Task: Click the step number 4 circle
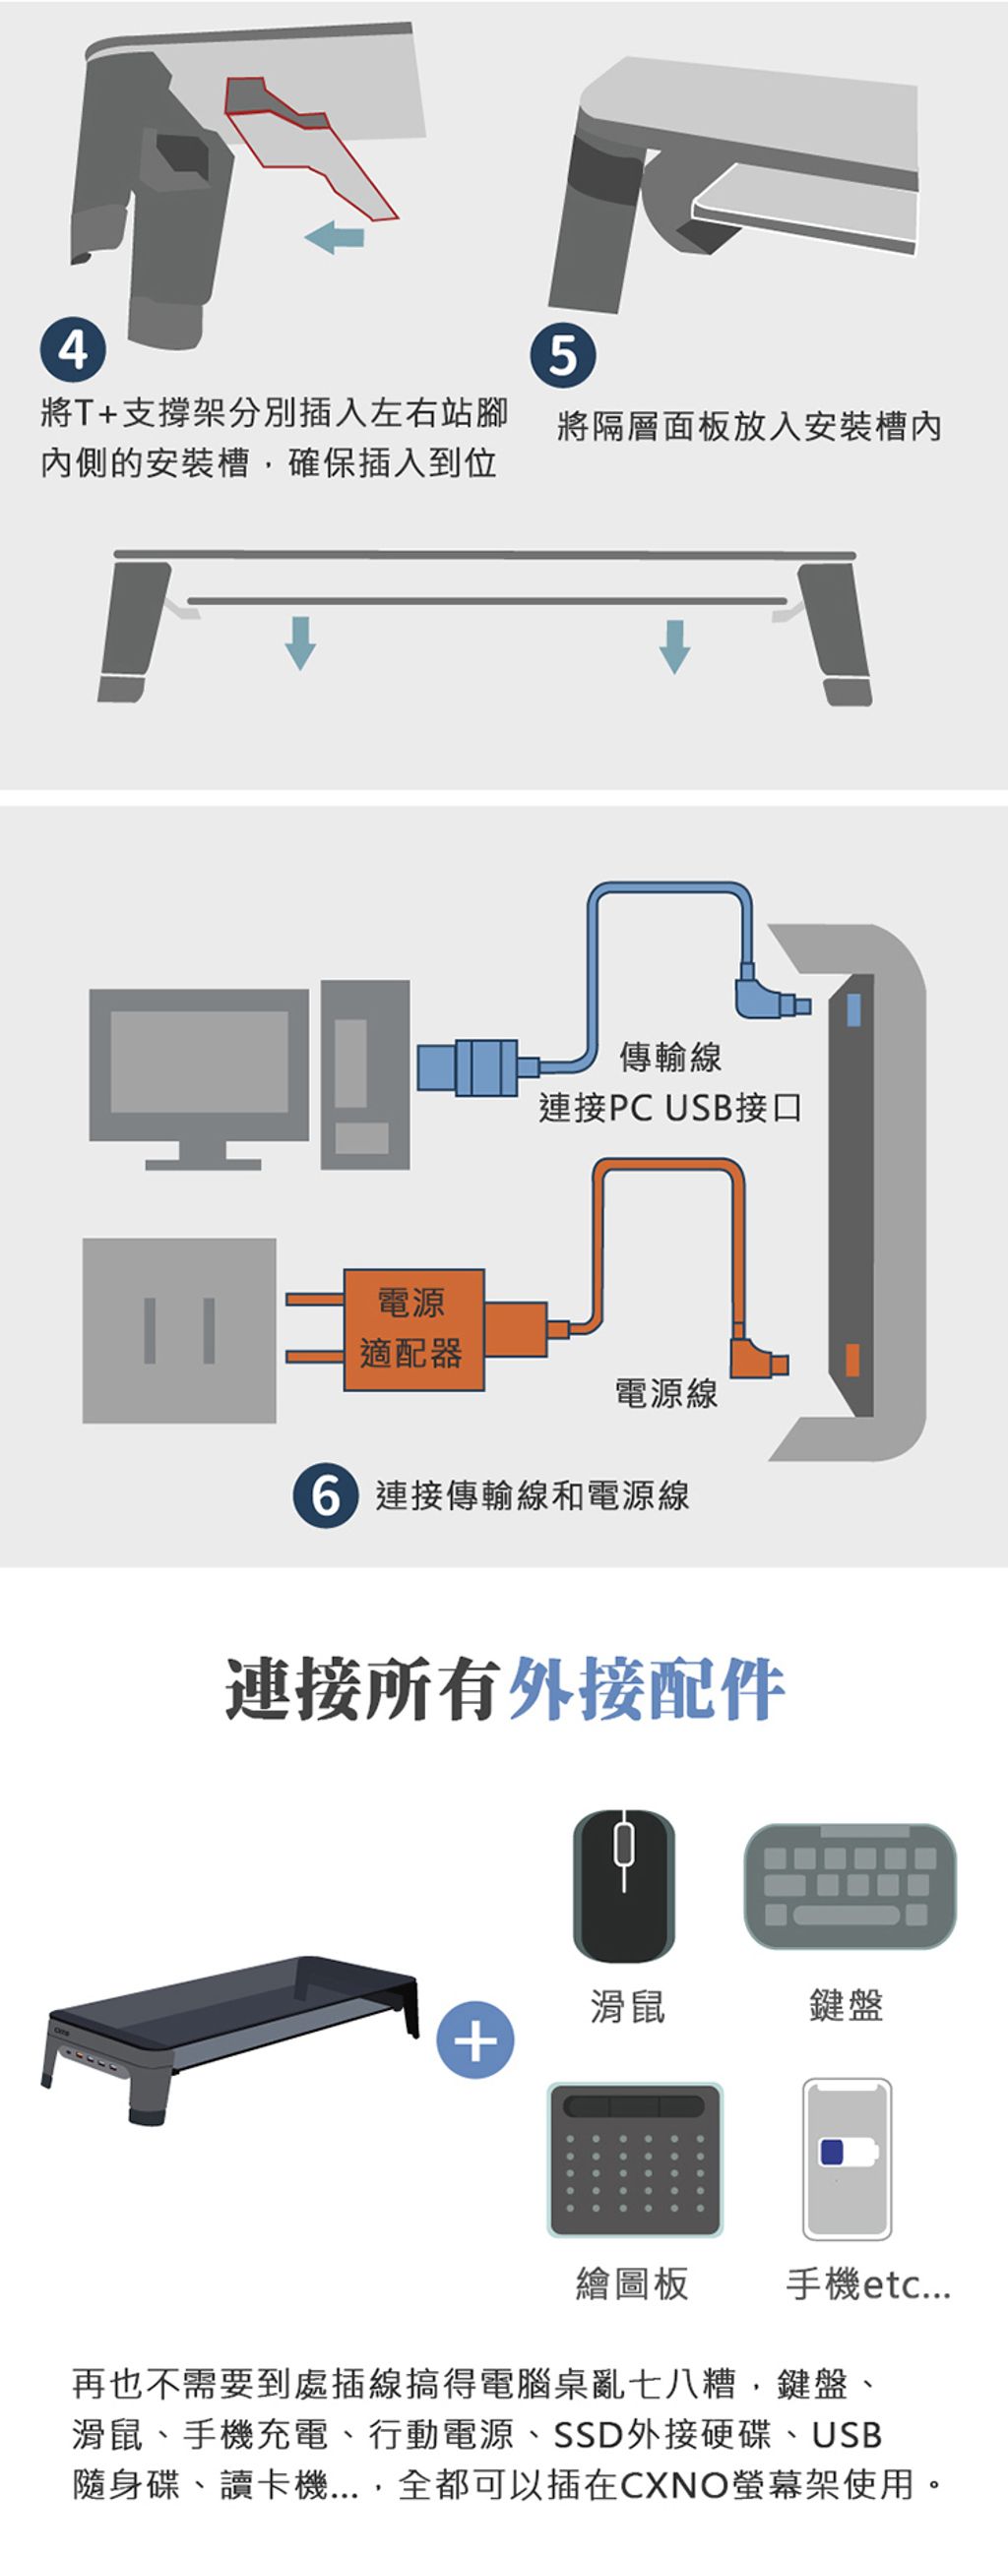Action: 73,349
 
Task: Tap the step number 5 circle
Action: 562,355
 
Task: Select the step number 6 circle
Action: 326,1494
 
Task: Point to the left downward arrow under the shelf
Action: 300,642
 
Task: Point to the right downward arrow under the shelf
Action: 674,645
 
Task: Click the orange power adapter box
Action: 414,1329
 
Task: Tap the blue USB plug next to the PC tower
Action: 469,1067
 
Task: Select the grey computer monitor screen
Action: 200,1063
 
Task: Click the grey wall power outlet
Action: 179,1330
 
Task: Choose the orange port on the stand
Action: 852,1360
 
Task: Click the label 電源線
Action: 665,1393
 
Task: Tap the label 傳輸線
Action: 670,1058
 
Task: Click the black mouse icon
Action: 623,1884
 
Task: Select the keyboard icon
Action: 850,1885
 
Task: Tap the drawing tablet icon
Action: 635,2160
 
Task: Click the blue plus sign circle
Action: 475,2040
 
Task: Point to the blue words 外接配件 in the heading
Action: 646,1688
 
